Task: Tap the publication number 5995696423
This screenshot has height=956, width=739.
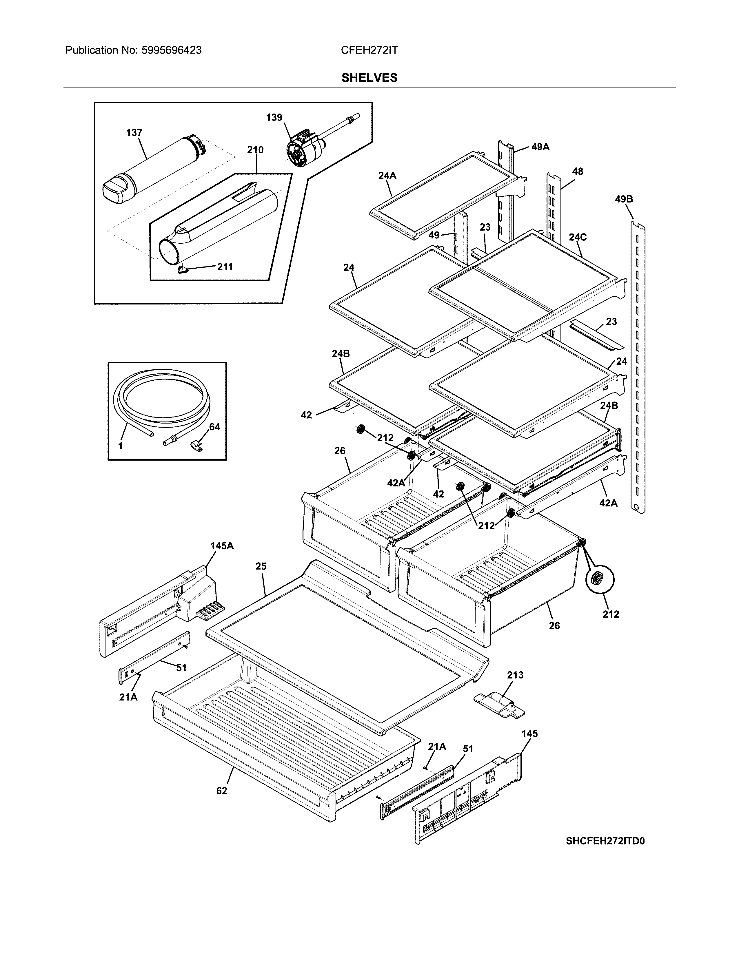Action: [171, 50]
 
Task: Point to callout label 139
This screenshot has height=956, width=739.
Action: [274, 117]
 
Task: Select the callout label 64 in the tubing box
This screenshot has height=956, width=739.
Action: [214, 427]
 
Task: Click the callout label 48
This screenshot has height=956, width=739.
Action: [578, 171]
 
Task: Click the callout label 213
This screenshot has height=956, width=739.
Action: [515, 675]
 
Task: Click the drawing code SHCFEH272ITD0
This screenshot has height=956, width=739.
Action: [605, 841]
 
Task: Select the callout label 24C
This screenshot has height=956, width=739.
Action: [578, 237]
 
